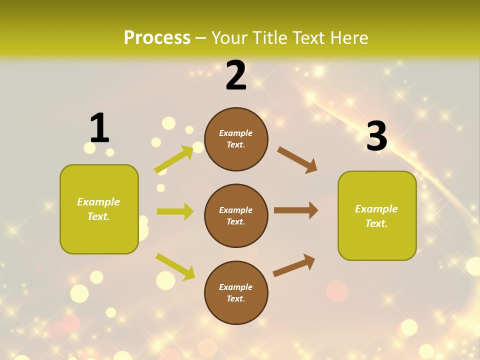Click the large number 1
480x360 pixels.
(99, 128)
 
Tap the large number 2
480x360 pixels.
(236, 75)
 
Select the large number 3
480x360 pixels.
(376, 136)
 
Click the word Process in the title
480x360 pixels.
(157, 37)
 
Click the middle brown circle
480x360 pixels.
(236, 216)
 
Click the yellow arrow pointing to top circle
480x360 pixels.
(174, 159)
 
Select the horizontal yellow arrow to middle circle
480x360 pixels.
(175, 211)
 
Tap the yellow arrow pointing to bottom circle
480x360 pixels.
(175, 266)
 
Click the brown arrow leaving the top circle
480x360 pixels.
(297, 160)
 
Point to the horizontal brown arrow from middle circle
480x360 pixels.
(296, 210)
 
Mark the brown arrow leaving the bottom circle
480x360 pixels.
(294, 265)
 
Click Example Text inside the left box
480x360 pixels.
(98, 209)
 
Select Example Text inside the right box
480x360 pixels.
(376, 216)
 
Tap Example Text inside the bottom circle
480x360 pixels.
(235, 293)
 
